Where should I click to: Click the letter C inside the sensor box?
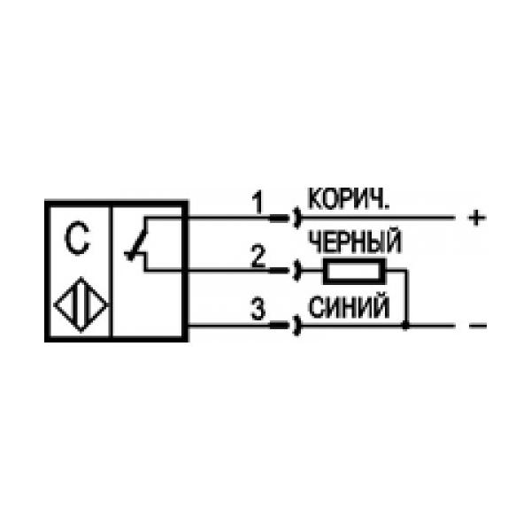click(77, 237)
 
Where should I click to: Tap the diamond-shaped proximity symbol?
click(81, 304)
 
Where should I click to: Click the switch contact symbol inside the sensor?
click(137, 243)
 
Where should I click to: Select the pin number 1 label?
click(258, 203)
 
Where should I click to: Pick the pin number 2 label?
click(258, 256)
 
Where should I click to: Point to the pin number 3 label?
click(258, 309)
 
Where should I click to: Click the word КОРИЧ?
click(349, 199)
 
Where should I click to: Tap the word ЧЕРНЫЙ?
click(355, 242)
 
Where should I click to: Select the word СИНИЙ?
click(350, 307)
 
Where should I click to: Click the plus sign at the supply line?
click(477, 218)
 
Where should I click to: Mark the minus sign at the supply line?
click(478, 326)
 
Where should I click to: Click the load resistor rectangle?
click(355, 271)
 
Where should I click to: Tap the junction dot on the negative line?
click(405, 326)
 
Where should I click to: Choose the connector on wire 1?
click(285, 218)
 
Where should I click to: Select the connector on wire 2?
click(285, 271)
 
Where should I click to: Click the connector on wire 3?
click(285, 326)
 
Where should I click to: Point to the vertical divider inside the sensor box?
click(111, 271)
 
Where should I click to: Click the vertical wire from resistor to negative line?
click(407, 298)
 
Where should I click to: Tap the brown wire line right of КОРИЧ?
click(378, 218)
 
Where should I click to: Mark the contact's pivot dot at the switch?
click(130, 257)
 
